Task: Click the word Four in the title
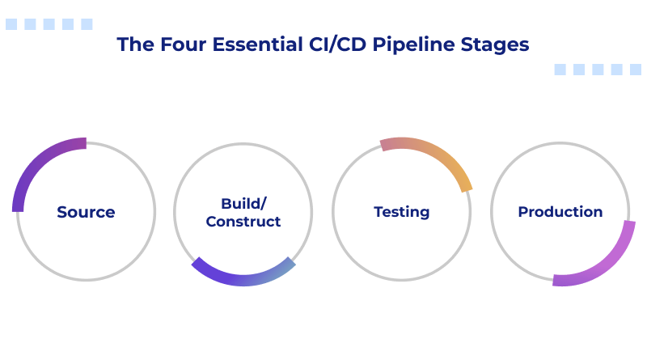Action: pyautogui.click(x=168, y=44)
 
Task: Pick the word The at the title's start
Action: pyautogui.click(x=132, y=44)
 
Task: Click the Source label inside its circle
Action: pyautogui.click(x=86, y=213)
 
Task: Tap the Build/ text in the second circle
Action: pyautogui.click(x=243, y=203)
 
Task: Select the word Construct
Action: pyautogui.click(x=243, y=222)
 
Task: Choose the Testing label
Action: pyautogui.click(x=401, y=213)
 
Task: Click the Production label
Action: pyautogui.click(x=560, y=212)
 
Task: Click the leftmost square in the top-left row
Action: pyautogui.click(x=11, y=24)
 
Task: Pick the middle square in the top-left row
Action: pyautogui.click(x=49, y=24)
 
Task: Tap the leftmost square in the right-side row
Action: pyautogui.click(x=560, y=70)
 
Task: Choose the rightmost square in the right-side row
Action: pyautogui.click(x=636, y=70)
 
